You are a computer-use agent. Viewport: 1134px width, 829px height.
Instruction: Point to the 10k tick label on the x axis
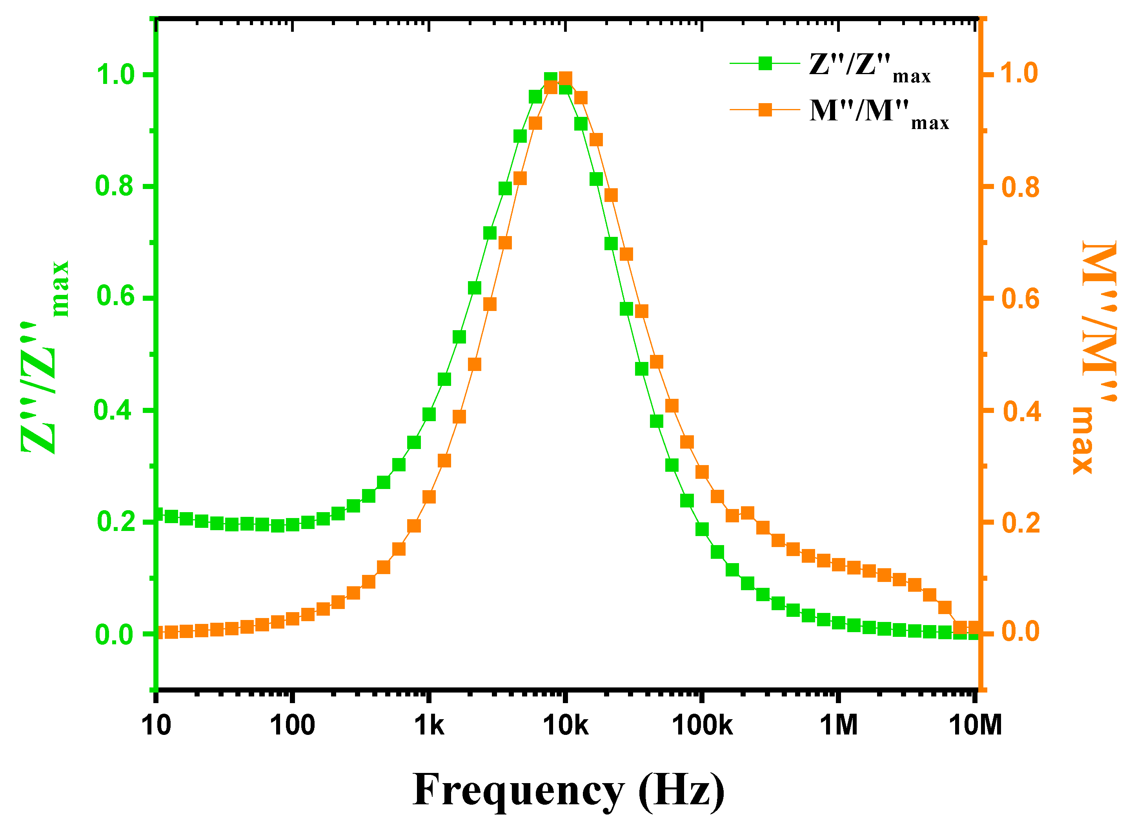565,725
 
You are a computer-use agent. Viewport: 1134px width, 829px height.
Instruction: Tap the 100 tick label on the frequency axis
292,725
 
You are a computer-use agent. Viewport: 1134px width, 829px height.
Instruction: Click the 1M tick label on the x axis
838,725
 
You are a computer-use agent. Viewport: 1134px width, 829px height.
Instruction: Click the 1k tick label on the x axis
429,725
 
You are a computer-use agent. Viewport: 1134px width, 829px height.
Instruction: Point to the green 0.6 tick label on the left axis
115,296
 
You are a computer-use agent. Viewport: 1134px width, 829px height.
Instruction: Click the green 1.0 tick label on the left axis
115,75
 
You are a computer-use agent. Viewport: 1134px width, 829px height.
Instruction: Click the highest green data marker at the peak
550,79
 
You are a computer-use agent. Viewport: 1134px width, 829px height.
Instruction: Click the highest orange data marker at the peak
566,78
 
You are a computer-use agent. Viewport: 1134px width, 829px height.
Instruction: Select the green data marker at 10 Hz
157,514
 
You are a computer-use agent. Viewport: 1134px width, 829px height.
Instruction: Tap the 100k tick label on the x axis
702,725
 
